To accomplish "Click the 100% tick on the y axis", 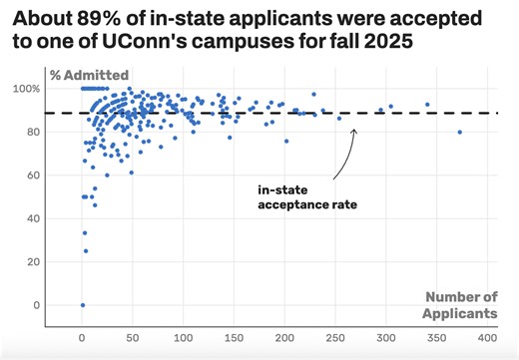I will point(54,89).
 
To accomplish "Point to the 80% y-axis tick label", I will point(57,132).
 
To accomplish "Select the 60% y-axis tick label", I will point(57,176).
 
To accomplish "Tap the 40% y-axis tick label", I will point(57,218).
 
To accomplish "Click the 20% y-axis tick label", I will point(57,262).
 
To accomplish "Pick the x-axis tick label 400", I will point(488,336).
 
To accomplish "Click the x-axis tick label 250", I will point(336,336).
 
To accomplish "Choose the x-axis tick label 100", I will point(184,336).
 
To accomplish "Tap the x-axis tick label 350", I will point(437,336).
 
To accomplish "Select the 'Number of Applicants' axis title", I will point(461,305).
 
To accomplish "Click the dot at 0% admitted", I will point(83,305).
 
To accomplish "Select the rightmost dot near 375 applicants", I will point(460,132).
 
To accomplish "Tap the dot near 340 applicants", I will point(427,105).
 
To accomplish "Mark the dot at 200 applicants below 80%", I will point(286,141).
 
